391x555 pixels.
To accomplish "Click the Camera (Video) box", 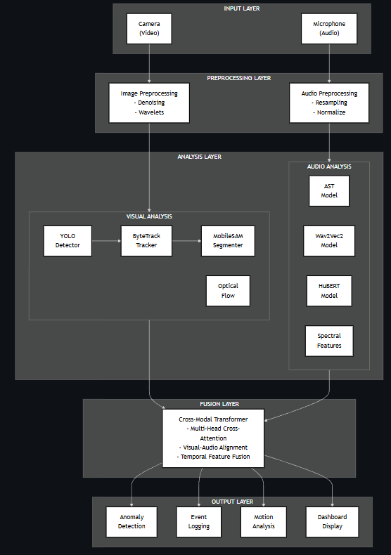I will pyautogui.click(x=149, y=28).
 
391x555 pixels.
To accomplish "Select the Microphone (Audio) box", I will pyautogui.click(x=329, y=28).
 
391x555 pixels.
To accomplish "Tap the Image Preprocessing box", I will pyautogui.click(x=149, y=103).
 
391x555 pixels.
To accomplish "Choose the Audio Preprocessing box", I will pyautogui.click(x=329, y=103).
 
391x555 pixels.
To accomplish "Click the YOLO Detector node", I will pyautogui.click(x=68, y=241).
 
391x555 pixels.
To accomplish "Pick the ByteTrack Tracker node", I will pyautogui.click(x=146, y=241).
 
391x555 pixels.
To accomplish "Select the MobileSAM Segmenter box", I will pyautogui.click(x=228, y=241).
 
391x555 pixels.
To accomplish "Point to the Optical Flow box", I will pyautogui.click(x=228, y=291).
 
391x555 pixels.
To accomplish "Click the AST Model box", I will pyautogui.click(x=329, y=190).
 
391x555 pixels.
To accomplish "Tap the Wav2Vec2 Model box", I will pyautogui.click(x=329, y=241).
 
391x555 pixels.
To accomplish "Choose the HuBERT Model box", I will pyautogui.click(x=329, y=291).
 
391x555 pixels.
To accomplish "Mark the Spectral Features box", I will pyautogui.click(x=329, y=341).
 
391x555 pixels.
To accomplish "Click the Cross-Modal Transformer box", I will pyautogui.click(x=213, y=438).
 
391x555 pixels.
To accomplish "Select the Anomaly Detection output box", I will pyautogui.click(x=132, y=521).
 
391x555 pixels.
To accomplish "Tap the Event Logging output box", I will pyautogui.click(x=198, y=521).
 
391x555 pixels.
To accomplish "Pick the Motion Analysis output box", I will pyautogui.click(x=264, y=521).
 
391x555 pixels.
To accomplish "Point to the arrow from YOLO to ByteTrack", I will pyautogui.click(x=105, y=241).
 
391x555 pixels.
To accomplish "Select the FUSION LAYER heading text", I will pyautogui.click(x=219, y=404).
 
